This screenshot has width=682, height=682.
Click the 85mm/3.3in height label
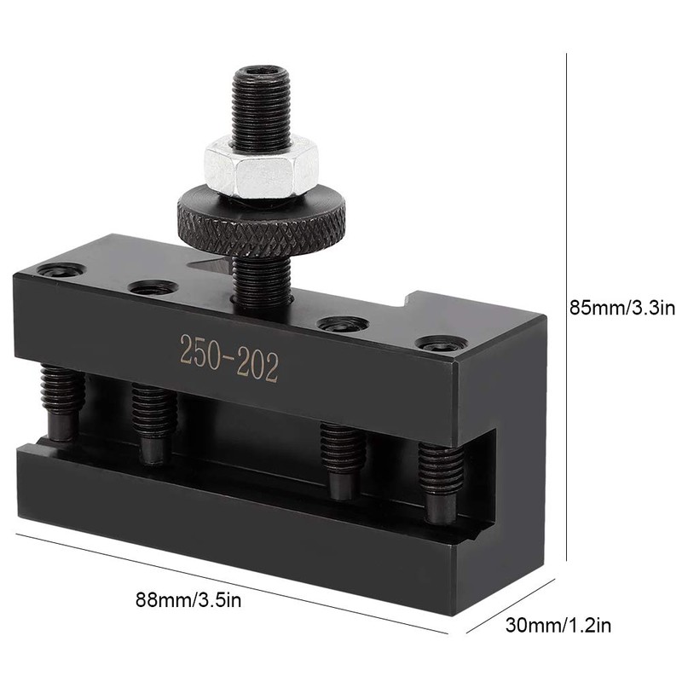click(621, 306)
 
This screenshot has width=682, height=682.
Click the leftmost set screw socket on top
click(61, 271)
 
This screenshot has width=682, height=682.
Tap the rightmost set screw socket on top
click(441, 344)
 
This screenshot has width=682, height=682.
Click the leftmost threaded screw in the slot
click(61, 401)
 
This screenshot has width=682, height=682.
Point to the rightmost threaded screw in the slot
click(441, 483)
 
